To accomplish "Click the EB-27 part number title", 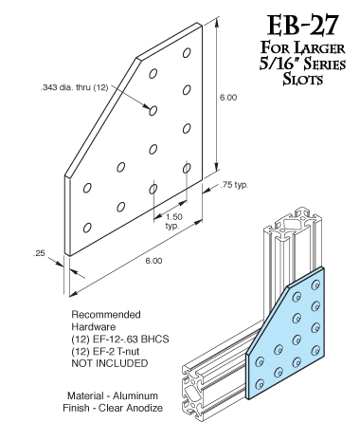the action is click(x=303, y=26).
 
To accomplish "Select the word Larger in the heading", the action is click(x=319, y=48).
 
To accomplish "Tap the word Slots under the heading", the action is click(x=302, y=79).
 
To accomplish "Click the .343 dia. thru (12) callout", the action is click(x=75, y=87).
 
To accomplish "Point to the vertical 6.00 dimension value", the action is click(x=228, y=98).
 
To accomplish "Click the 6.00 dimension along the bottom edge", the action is click(x=153, y=261).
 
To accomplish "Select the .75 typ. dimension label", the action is click(x=234, y=185).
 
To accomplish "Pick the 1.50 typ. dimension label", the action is click(x=173, y=221).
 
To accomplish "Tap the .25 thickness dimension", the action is click(x=39, y=253).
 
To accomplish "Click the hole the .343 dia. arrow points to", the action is click(x=153, y=111).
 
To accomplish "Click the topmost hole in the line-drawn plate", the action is click(x=187, y=53).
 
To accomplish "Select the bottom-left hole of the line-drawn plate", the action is click(x=87, y=228).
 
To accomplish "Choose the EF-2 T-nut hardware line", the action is click(x=105, y=351).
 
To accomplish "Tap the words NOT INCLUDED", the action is click(x=110, y=363).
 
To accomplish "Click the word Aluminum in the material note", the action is click(x=135, y=395).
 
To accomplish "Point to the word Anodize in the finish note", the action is click(x=144, y=408).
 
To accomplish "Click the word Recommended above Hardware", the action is click(x=106, y=315).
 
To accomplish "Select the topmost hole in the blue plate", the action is click(x=315, y=285).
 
